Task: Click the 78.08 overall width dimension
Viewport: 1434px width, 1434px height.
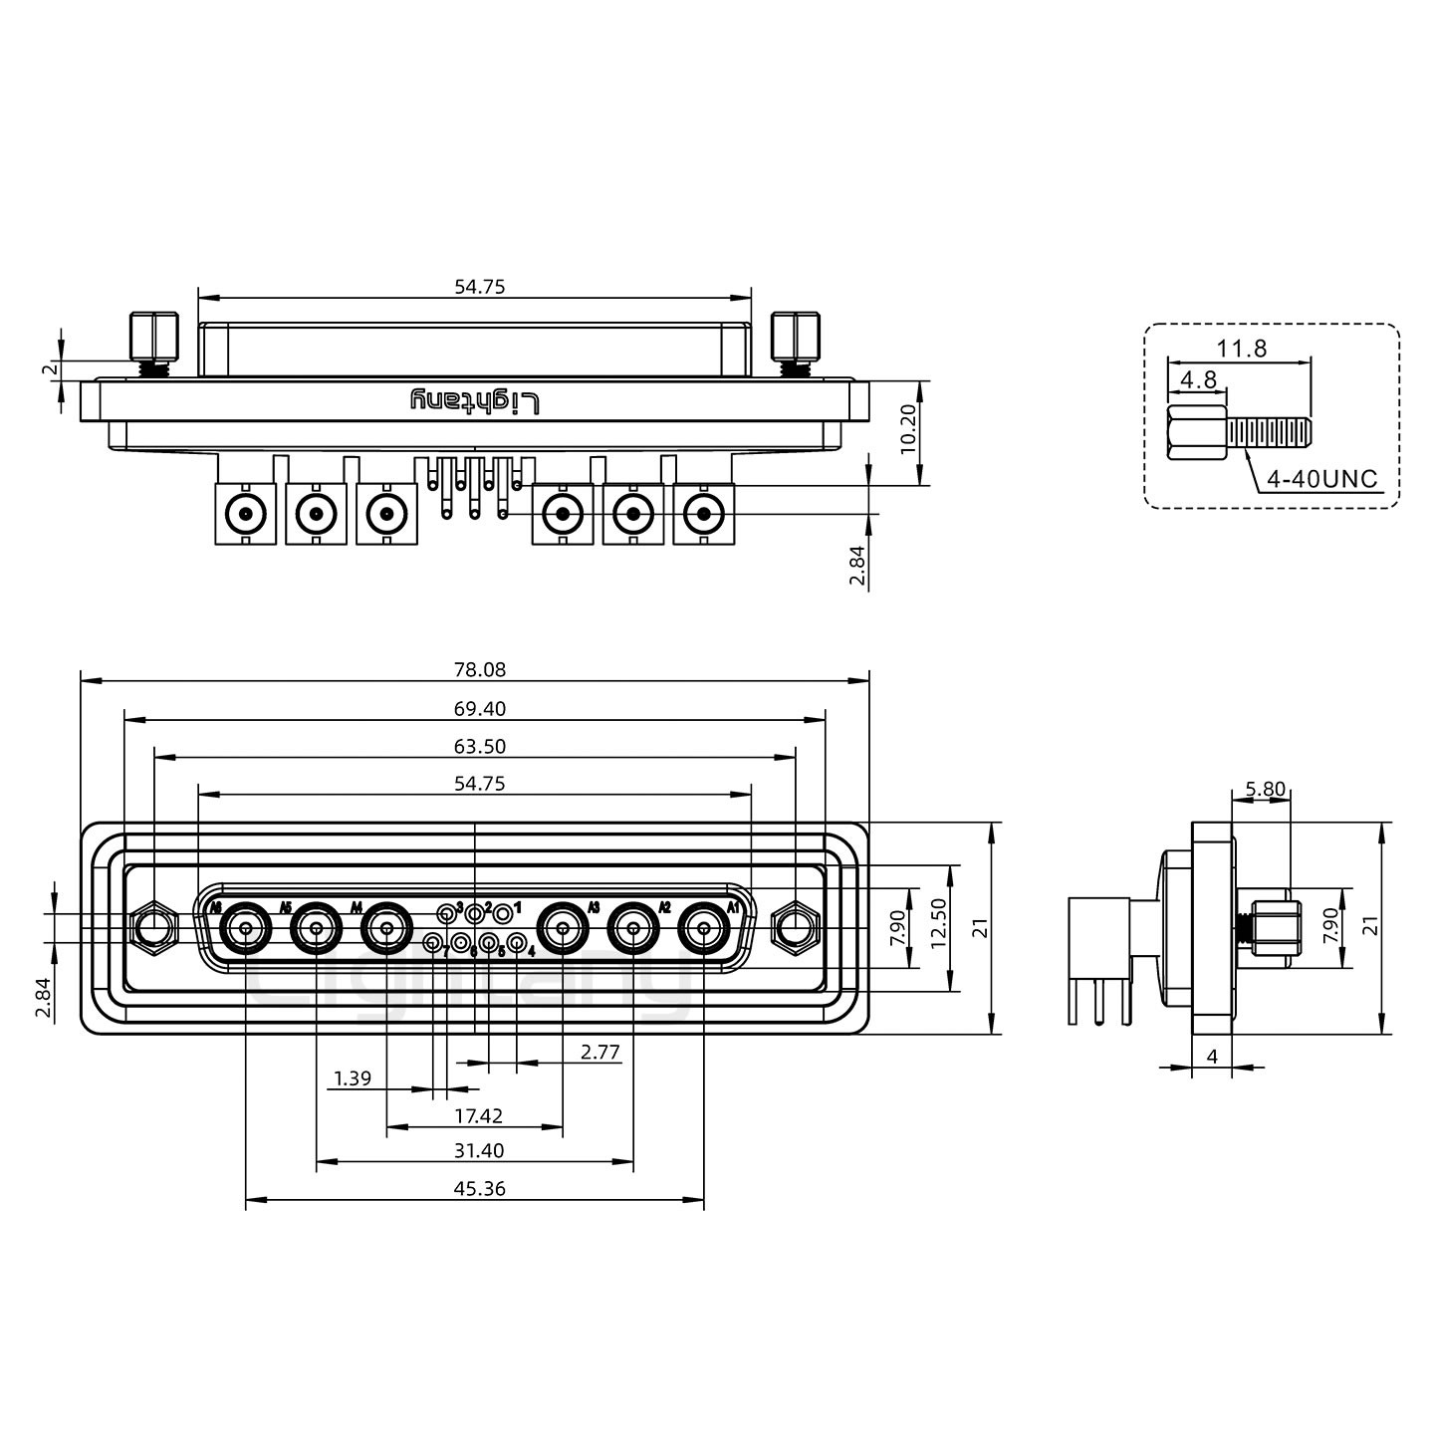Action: pos(480,670)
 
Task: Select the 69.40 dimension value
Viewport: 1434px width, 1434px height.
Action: pos(480,709)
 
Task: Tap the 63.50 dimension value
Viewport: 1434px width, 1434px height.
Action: pos(480,747)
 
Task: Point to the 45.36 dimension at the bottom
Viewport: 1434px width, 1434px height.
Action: pos(480,1188)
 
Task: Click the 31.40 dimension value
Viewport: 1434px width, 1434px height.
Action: pos(480,1150)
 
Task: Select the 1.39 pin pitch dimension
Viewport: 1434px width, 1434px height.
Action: pos(353,1077)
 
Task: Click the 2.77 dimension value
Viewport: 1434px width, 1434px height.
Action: pos(600,1051)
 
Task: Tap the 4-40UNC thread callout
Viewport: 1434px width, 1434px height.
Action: pos(1321,479)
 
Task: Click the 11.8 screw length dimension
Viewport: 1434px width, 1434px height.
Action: pos(1241,349)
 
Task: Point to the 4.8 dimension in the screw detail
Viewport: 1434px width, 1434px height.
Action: pos(1198,379)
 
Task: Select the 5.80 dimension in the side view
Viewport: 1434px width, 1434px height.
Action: pos(1265,789)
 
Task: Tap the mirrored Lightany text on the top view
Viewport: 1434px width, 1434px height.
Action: pos(475,401)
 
